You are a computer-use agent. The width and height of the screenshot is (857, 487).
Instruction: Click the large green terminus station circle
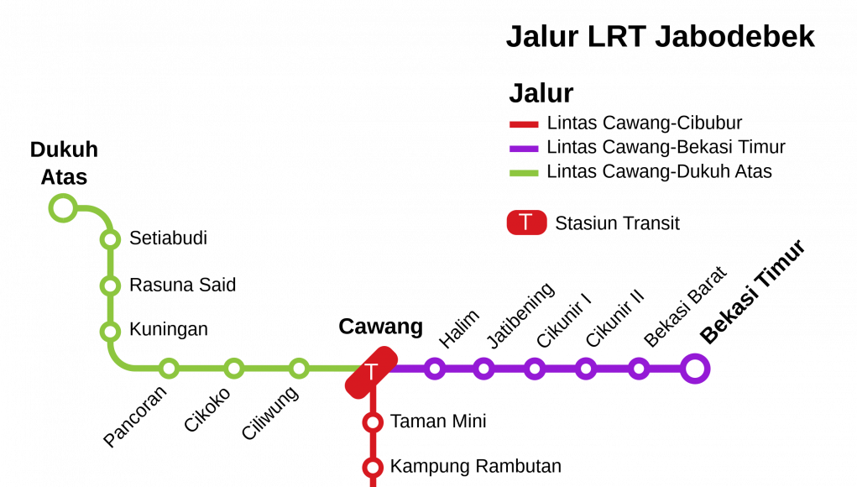coord(63,208)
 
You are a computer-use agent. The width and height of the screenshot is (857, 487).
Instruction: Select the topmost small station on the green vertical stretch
coord(110,239)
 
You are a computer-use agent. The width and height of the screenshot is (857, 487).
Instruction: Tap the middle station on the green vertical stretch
coord(110,285)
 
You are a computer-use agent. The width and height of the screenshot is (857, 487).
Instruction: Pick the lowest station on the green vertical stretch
coord(110,332)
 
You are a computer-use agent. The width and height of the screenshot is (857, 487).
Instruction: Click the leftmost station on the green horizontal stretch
coord(169,369)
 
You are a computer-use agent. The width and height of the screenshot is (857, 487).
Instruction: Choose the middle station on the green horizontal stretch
coord(234,369)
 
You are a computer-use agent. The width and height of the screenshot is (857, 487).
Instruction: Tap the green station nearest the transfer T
coord(299,369)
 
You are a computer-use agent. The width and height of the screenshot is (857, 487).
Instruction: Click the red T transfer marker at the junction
coord(371,372)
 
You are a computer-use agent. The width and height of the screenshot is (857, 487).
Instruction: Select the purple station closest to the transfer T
coord(435,369)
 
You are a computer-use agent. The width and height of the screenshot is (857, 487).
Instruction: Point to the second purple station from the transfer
coord(483,369)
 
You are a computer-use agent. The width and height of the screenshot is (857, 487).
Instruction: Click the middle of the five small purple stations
coord(535,369)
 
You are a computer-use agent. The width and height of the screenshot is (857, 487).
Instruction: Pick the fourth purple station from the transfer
coord(586,369)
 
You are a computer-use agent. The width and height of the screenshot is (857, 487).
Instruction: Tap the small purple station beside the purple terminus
coord(639,369)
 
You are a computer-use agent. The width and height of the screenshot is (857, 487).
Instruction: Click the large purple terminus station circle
coord(695,369)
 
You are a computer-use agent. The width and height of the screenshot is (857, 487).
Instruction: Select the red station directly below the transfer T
coord(373,422)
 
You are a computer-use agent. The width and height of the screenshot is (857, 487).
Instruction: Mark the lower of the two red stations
coord(373,468)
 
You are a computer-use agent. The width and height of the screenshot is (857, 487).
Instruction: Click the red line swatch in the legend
coord(524,125)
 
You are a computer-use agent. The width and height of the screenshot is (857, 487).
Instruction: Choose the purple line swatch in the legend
coord(524,149)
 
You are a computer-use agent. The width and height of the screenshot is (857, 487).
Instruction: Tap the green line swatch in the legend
coord(524,174)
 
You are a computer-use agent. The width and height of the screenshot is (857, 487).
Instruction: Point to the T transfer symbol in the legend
coord(526,223)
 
